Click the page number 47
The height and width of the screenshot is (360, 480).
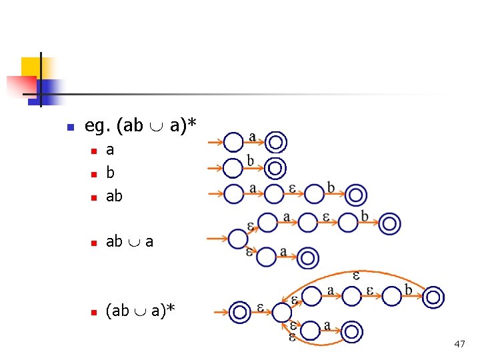[x=459, y=344]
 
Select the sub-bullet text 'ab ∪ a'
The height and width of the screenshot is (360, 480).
[x=129, y=241]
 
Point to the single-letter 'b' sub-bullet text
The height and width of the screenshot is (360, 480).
[x=110, y=173]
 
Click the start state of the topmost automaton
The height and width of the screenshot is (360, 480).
[x=233, y=142]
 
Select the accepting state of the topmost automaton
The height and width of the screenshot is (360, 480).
[x=275, y=142]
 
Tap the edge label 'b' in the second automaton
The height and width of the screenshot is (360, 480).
[x=251, y=160]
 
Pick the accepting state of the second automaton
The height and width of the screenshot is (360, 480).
[x=275, y=167]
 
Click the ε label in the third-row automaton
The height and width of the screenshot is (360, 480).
[x=292, y=188]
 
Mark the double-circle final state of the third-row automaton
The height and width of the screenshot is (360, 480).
[x=356, y=195]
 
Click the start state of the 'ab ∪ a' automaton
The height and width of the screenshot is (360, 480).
[x=238, y=239]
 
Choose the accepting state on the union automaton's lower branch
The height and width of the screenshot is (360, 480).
[x=307, y=257]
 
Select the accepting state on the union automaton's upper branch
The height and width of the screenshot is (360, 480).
[x=390, y=223]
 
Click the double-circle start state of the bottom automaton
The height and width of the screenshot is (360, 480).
[x=239, y=311]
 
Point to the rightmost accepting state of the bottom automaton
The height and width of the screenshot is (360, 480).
[x=433, y=297]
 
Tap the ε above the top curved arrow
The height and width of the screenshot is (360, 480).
[x=355, y=274]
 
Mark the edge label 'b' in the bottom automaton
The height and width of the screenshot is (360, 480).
[x=408, y=289]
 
